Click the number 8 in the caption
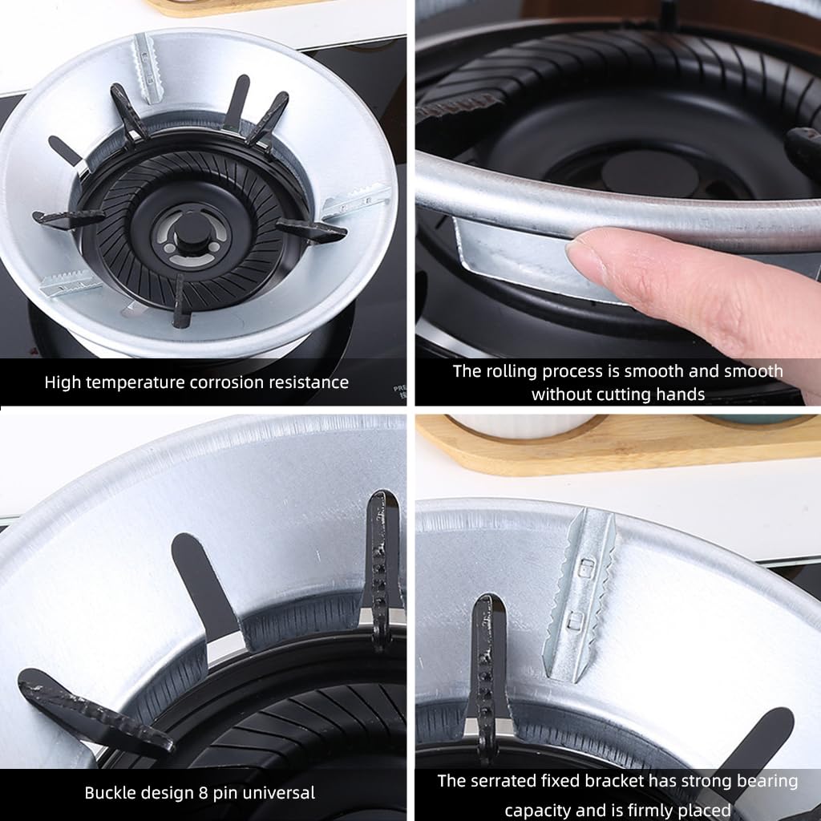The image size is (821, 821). coord(203,793)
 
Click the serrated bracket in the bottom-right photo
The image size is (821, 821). coord(579,594)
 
